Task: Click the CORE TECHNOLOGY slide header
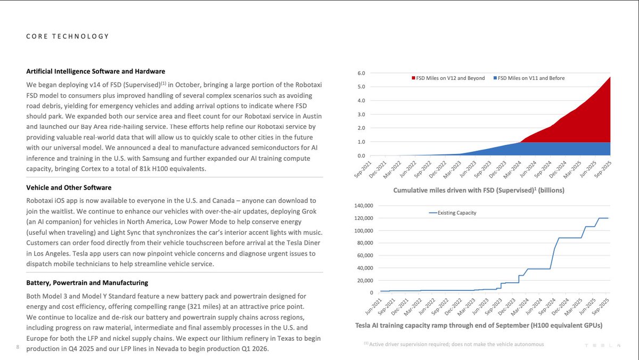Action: (x=68, y=36)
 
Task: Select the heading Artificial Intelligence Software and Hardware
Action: (x=95, y=71)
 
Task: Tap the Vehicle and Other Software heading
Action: (x=69, y=188)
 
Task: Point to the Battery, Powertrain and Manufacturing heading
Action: (x=87, y=283)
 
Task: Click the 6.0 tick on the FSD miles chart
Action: (x=361, y=73)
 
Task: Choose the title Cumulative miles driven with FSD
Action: (x=479, y=190)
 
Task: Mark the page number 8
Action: (x=18, y=348)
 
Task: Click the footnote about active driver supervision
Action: (x=454, y=345)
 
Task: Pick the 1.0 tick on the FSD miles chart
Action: (x=361, y=142)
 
